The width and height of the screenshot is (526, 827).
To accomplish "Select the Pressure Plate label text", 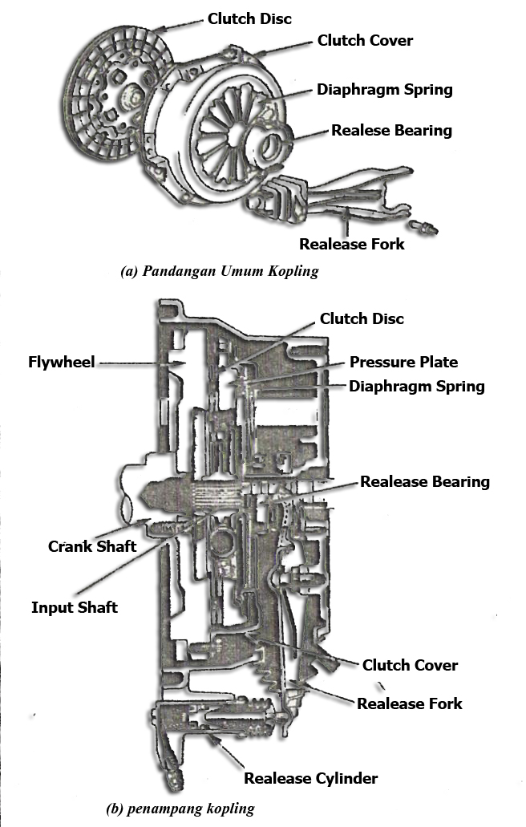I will click(x=403, y=362).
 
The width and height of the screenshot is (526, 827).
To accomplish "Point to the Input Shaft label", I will click(x=74, y=607).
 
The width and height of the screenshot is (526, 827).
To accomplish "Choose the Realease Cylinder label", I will click(x=310, y=777).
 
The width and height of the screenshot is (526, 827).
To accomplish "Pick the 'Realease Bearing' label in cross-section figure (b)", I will click(x=424, y=481).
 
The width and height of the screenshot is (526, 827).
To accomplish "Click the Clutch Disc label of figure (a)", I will click(x=249, y=17).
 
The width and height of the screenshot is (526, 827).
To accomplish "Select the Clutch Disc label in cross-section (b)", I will click(x=362, y=318).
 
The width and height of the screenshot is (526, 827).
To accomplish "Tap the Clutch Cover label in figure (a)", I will click(x=366, y=39).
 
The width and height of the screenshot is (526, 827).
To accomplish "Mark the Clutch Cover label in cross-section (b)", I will click(x=410, y=665).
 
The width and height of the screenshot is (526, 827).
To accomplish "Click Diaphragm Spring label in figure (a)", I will click(x=384, y=89).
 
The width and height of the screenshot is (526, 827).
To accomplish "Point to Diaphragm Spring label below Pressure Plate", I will click(x=416, y=386).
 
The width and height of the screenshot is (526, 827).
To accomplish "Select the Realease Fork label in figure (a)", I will click(x=352, y=243).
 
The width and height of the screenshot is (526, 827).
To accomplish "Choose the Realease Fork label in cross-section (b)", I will click(x=409, y=703).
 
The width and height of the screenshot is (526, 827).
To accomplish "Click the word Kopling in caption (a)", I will click(x=295, y=271).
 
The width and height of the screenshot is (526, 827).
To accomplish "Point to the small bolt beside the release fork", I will click(x=425, y=229).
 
